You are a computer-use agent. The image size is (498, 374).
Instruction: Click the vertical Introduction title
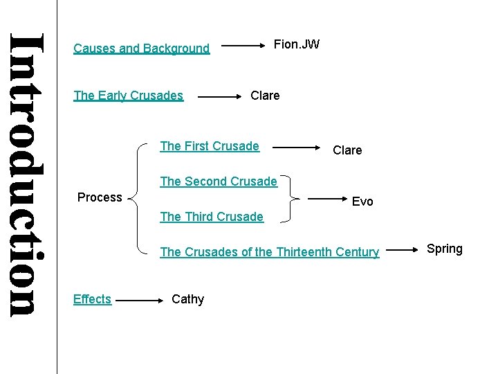pyautogui.click(x=28, y=173)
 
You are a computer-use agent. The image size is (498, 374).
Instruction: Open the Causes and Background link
pyautogui.click(x=141, y=48)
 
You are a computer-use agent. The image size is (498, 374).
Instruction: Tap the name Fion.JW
pyautogui.click(x=297, y=45)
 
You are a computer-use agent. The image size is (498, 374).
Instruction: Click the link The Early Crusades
pyautogui.click(x=128, y=96)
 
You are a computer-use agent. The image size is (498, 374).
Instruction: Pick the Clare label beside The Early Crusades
pyautogui.click(x=265, y=96)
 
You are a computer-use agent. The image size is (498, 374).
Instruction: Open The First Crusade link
pyautogui.click(x=210, y=146)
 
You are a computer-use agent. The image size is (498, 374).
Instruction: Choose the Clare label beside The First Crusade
pyautogui.click(x=347, y=150)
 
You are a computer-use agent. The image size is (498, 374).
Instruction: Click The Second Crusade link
pyautogui.click(x=219, y=181)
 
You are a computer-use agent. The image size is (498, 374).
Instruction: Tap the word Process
pyautogui.click(x=100, y=197)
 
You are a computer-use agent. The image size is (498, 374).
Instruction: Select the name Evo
pyautogui.click(x=362, y=202)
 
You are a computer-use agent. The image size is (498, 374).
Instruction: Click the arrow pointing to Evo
pyautogui.click(x=326, y=199)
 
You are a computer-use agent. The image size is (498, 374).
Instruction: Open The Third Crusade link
pyautogui.click(x=212, y=217)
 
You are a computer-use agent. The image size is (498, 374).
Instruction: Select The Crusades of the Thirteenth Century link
pyautogui.click(x=270, y=252)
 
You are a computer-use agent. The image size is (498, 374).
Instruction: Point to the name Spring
pyautogui.click(x=445, y=249)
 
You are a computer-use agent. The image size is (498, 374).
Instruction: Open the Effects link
pyautogui.click(x=92, y=299)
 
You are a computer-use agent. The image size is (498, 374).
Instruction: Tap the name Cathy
pyautogui.click(x=187, y=299)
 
